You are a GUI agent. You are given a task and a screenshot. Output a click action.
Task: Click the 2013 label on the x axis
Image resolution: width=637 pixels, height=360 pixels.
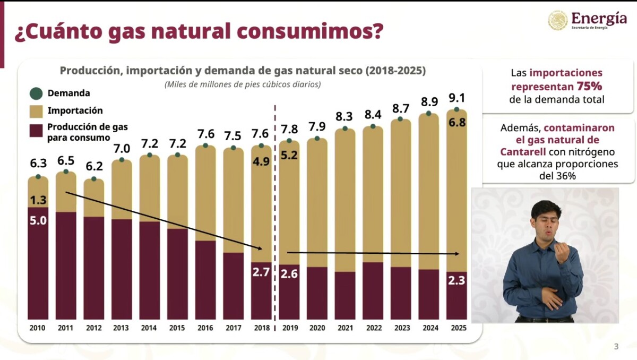(122, 328)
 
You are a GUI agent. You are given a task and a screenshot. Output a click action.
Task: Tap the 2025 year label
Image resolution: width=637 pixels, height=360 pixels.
(457, 328)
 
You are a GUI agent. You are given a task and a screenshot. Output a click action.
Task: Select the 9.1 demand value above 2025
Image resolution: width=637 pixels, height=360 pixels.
(457, 98)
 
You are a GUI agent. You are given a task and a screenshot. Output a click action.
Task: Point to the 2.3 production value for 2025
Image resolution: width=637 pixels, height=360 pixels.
(457, 280)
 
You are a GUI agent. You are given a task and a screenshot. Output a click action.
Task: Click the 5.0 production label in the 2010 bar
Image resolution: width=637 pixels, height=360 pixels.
(38, 220)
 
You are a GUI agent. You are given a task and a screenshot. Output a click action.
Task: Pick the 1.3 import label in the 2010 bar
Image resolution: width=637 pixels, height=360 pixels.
(38, 200)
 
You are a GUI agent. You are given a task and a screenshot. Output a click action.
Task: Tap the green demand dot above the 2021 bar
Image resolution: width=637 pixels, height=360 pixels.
(345, 128)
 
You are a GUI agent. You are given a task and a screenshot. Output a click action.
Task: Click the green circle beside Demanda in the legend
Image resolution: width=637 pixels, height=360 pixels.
(36, 94)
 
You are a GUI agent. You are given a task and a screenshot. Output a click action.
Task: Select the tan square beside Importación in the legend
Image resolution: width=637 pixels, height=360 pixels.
(37, 112)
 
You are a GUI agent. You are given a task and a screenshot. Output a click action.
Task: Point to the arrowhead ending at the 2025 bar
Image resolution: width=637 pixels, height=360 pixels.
(457, 254)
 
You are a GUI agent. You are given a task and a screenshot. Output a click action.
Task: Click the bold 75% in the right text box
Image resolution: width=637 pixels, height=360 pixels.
(589, 86)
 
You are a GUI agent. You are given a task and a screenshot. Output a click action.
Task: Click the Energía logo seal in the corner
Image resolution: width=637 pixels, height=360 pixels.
(558, 20)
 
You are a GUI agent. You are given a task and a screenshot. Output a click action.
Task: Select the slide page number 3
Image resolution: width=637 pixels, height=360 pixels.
(616, 347)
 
